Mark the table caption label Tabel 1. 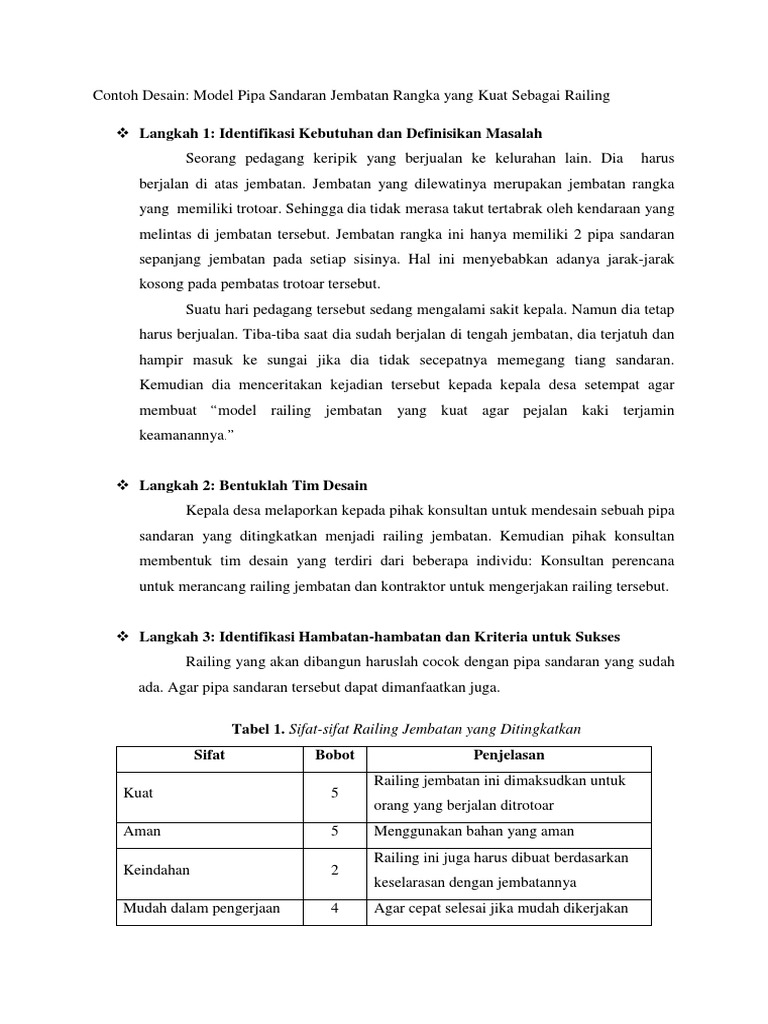[x=257, y=730]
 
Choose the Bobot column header [x=334, y=756]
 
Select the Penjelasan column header [x=508, y=756]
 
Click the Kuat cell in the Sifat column [x=137, y=793]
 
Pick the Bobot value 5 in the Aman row [x=334, y=831]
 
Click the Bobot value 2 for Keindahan [x=334, y=870]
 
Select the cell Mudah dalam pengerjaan [x=201, y=909]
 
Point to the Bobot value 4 [x=334, y=909]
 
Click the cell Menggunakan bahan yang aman [x=473, y=831]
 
